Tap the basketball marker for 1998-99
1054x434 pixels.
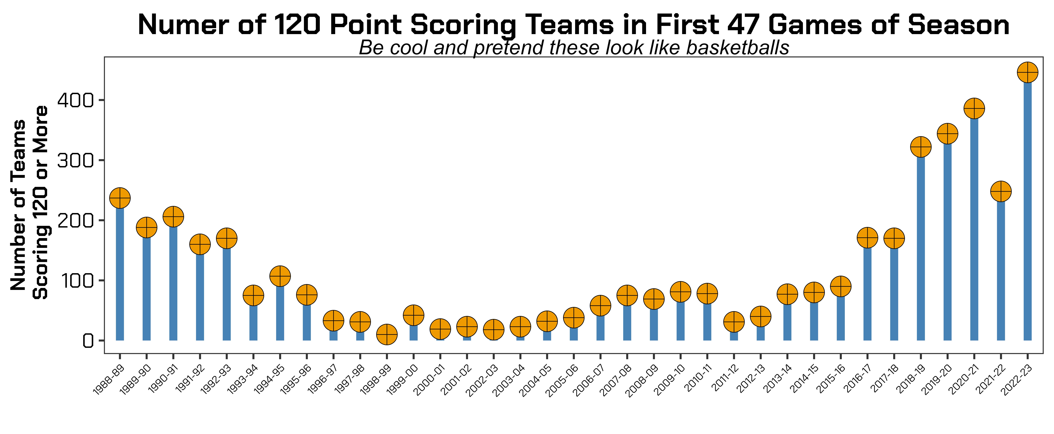pos(387,334)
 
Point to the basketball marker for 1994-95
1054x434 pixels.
pos(280,276)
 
